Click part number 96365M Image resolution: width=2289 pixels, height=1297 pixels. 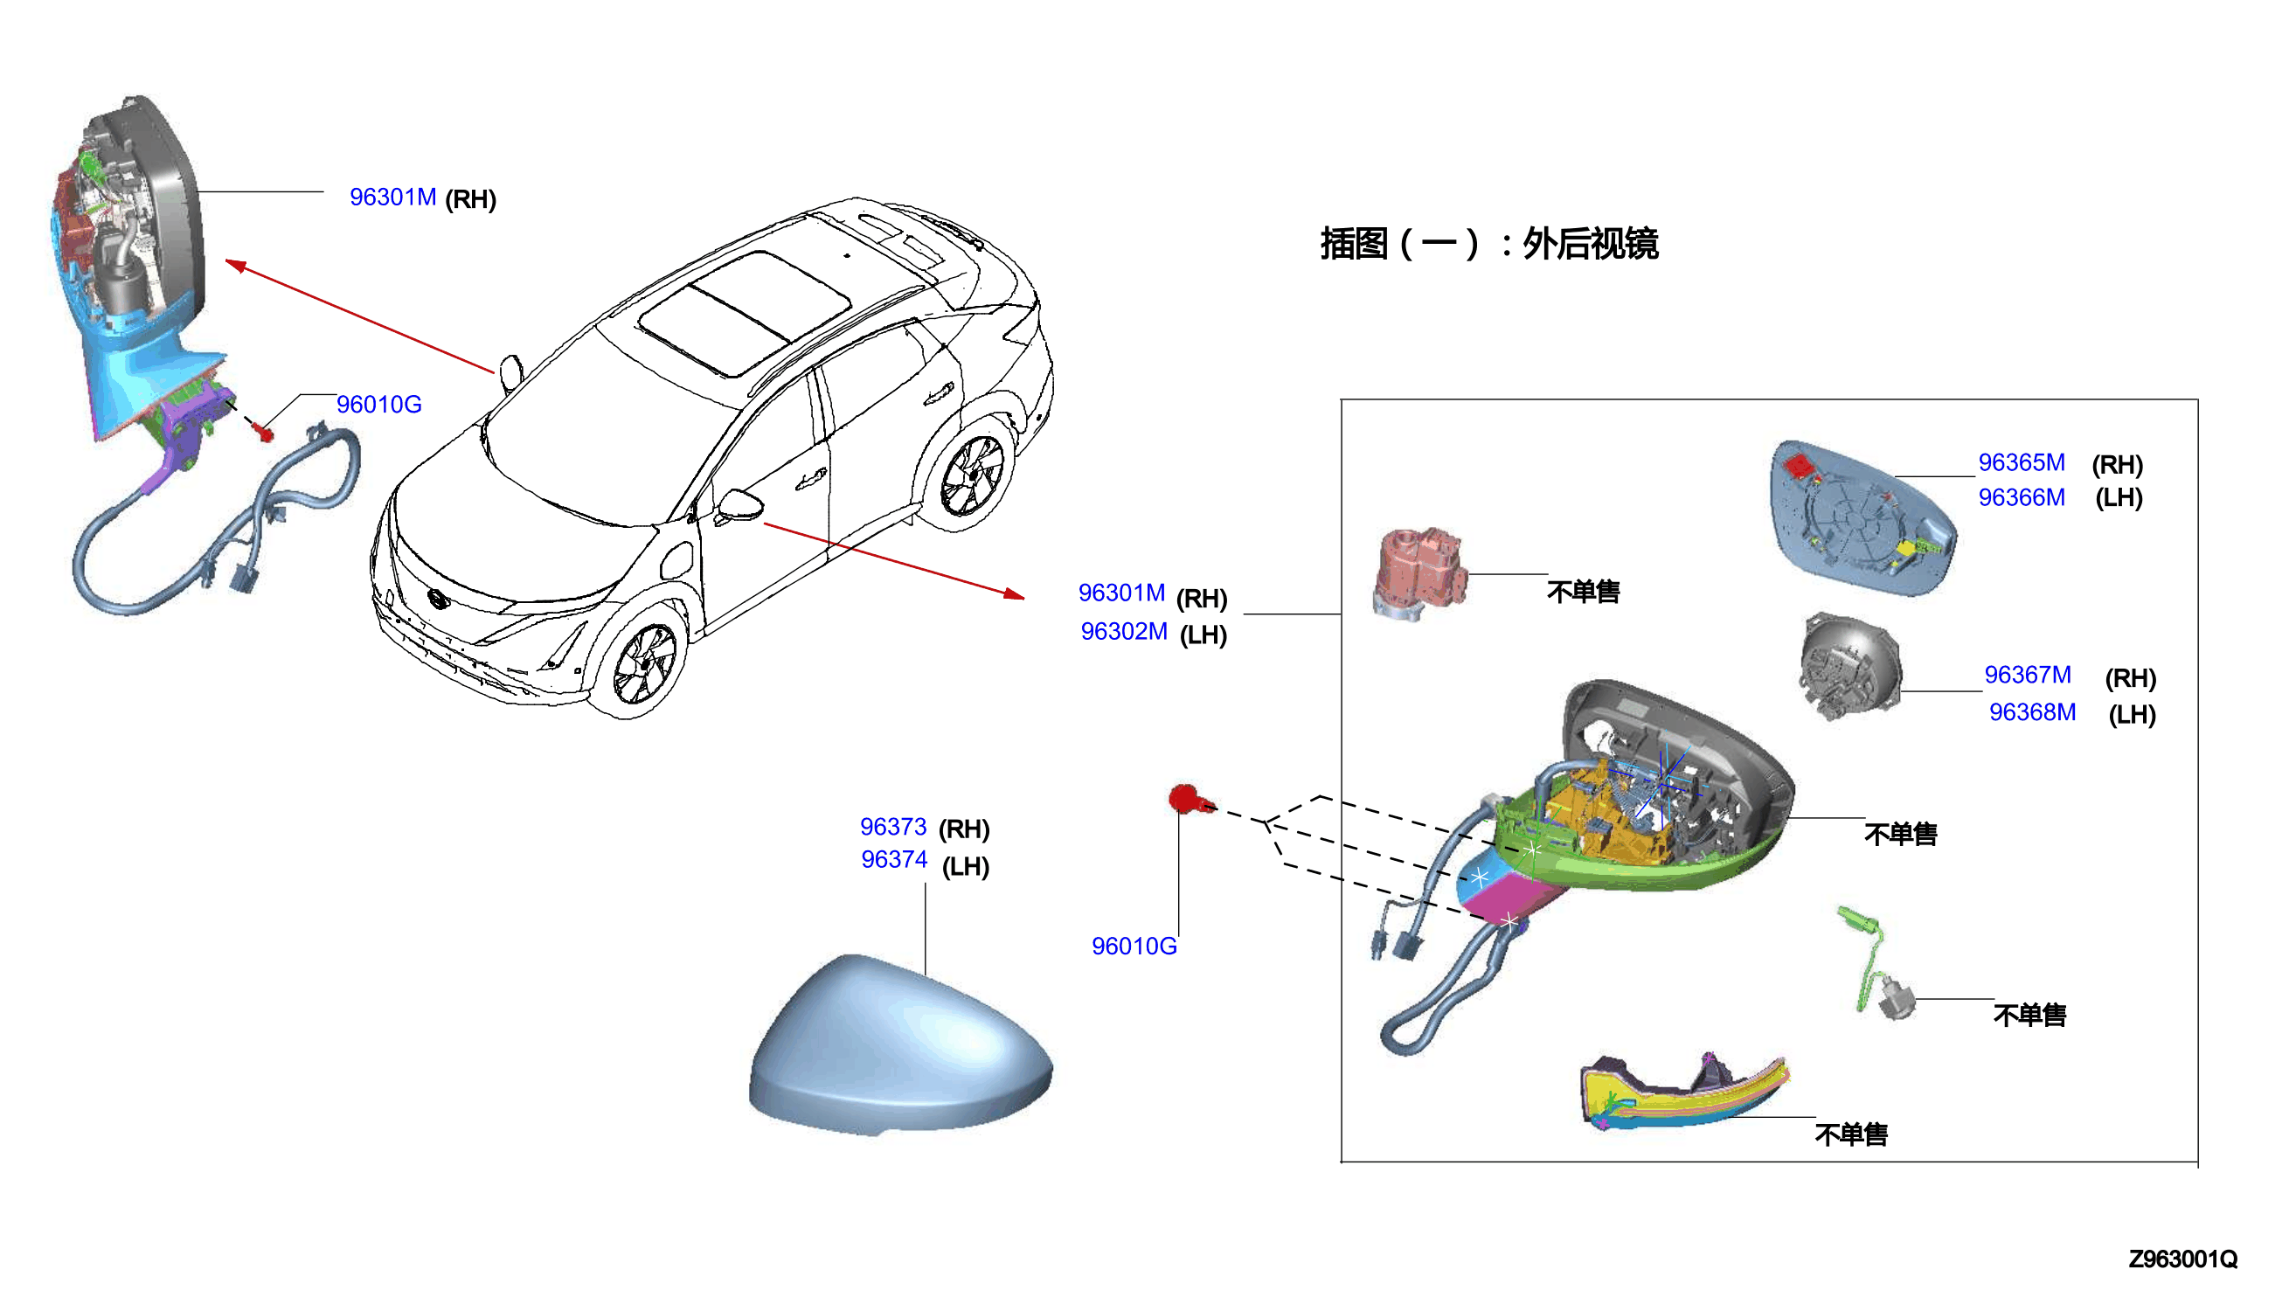pyautogui.click(x=2021, y=462)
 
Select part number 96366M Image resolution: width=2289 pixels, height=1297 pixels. pyautogui.click(x=2021, y=497)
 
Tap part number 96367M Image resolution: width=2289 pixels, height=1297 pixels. pyautogui.click(x=2027, y=676)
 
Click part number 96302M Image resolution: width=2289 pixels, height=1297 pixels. pyautogui.click(x=1123, y=632)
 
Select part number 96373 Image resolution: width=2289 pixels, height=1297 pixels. pyautogui.click(x=893, y=828)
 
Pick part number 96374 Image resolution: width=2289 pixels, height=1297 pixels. pyautogui.click(x=894, y=860)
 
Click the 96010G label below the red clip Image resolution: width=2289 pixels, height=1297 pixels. pyautogui.click(x=1134, y=947)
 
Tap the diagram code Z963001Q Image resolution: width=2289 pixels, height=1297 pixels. pyautogui.click(x=2182, y=1259)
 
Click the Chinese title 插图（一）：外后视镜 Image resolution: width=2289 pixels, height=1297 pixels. pyautogui.click(x=1488, y=244)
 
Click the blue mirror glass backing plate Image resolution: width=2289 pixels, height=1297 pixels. pyautogui.click(x=1862, y=517)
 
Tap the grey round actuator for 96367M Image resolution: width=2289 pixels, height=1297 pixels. pyautogui.click(x=1850, y=666)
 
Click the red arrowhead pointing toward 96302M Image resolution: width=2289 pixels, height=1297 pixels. pyautogui.click(x=1014, y=593)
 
